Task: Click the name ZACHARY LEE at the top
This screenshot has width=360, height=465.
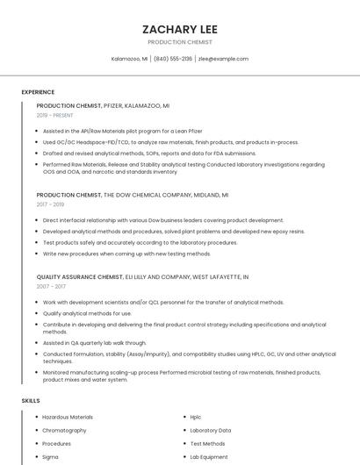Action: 179,28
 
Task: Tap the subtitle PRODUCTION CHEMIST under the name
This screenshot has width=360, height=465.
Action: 179,42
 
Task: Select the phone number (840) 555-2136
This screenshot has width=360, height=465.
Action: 173,59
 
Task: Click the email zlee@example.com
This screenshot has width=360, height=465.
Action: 223,59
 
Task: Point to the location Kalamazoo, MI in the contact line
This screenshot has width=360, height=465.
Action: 129,59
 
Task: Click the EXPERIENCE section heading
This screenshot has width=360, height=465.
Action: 38,92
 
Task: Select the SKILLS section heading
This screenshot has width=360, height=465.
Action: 31,400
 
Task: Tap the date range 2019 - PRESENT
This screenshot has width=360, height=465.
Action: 55,115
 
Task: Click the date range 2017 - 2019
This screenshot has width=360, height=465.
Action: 51,204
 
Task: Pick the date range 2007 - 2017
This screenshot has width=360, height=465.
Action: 51,287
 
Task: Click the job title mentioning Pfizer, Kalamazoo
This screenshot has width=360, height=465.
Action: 103,105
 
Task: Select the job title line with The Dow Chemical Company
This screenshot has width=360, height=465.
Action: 132,195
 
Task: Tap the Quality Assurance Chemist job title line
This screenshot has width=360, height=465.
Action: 142,277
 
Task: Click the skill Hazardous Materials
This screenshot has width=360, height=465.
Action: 68,418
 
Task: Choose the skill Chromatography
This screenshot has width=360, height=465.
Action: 64,431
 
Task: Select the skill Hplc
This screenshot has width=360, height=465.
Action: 195,418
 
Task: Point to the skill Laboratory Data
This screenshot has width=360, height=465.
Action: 210,431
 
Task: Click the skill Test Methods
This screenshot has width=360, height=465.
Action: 207,444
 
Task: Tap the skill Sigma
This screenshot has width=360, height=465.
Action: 50,457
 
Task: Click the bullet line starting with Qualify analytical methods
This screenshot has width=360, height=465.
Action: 87,313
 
